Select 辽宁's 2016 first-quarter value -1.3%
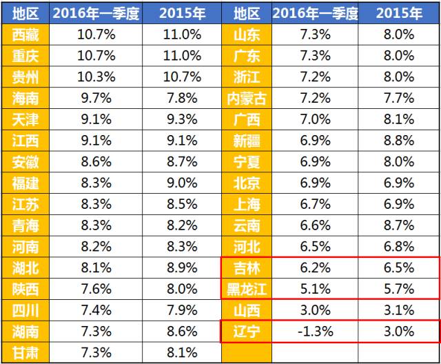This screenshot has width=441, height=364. click(x=315, y=331)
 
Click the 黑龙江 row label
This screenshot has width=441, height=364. click(x=246, y=289)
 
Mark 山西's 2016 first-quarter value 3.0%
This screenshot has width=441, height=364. click(x=315, y=310)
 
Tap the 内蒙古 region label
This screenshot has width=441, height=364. click(x=246, y=99)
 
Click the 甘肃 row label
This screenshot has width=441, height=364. click(x=25, y=352)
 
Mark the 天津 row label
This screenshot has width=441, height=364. click(x=25, y=120)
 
